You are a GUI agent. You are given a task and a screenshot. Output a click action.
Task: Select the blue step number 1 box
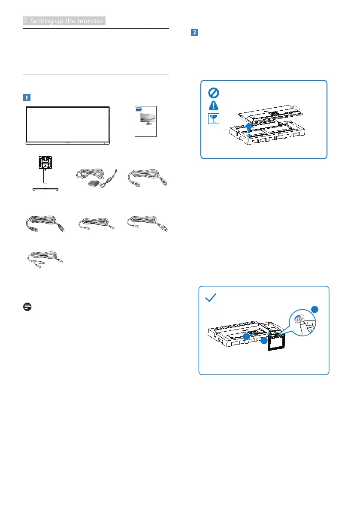click(x=26, y=97)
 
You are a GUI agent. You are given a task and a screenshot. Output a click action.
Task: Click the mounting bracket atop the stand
click(x=45, y=165)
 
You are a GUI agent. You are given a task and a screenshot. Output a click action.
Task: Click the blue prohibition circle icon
click(x=213, y=93)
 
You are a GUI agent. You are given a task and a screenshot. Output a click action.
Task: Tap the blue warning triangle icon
click(x=213, y=106)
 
